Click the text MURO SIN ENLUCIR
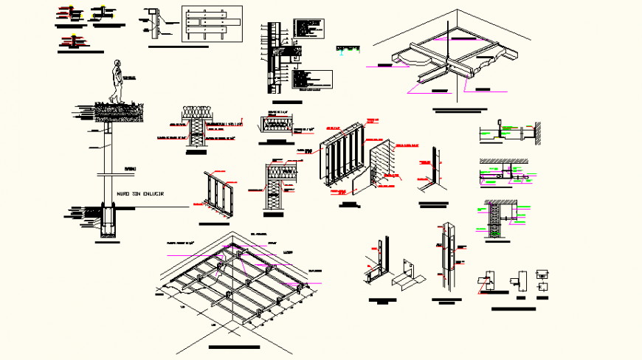140,193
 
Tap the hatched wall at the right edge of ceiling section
539,133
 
